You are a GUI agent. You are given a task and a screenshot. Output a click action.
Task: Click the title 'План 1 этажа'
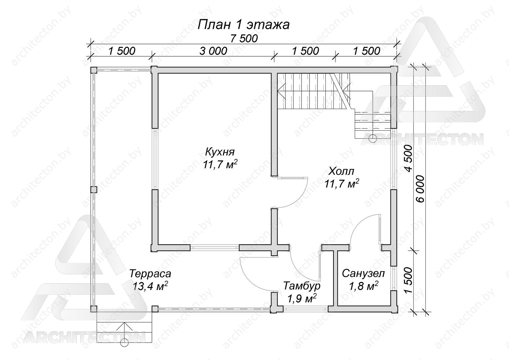(x=244, y=25)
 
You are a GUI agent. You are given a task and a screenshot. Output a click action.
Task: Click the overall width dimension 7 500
(x=244, y=39)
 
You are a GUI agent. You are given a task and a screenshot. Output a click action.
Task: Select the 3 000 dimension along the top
(x=213, y=51)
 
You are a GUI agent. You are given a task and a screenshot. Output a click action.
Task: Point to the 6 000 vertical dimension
(x=421, y=189)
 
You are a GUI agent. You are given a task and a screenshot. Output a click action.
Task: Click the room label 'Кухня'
(x=220, y=152)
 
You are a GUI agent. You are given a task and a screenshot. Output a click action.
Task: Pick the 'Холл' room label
(x=341, y=171)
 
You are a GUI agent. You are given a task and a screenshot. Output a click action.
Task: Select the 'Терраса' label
(x=150, y=274)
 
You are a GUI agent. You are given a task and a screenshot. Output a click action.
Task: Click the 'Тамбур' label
(x=302, y=286)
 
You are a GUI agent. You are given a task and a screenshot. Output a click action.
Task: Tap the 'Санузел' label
(x=363, y=273)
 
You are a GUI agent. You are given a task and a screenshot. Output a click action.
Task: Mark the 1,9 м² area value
(x=302, y=298)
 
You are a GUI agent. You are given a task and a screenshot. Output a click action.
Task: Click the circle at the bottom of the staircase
(x=373, y=138)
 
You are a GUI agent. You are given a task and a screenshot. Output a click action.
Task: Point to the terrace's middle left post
(x=94, y=190)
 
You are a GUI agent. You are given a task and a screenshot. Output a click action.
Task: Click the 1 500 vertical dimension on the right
(x=408, y=280)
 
